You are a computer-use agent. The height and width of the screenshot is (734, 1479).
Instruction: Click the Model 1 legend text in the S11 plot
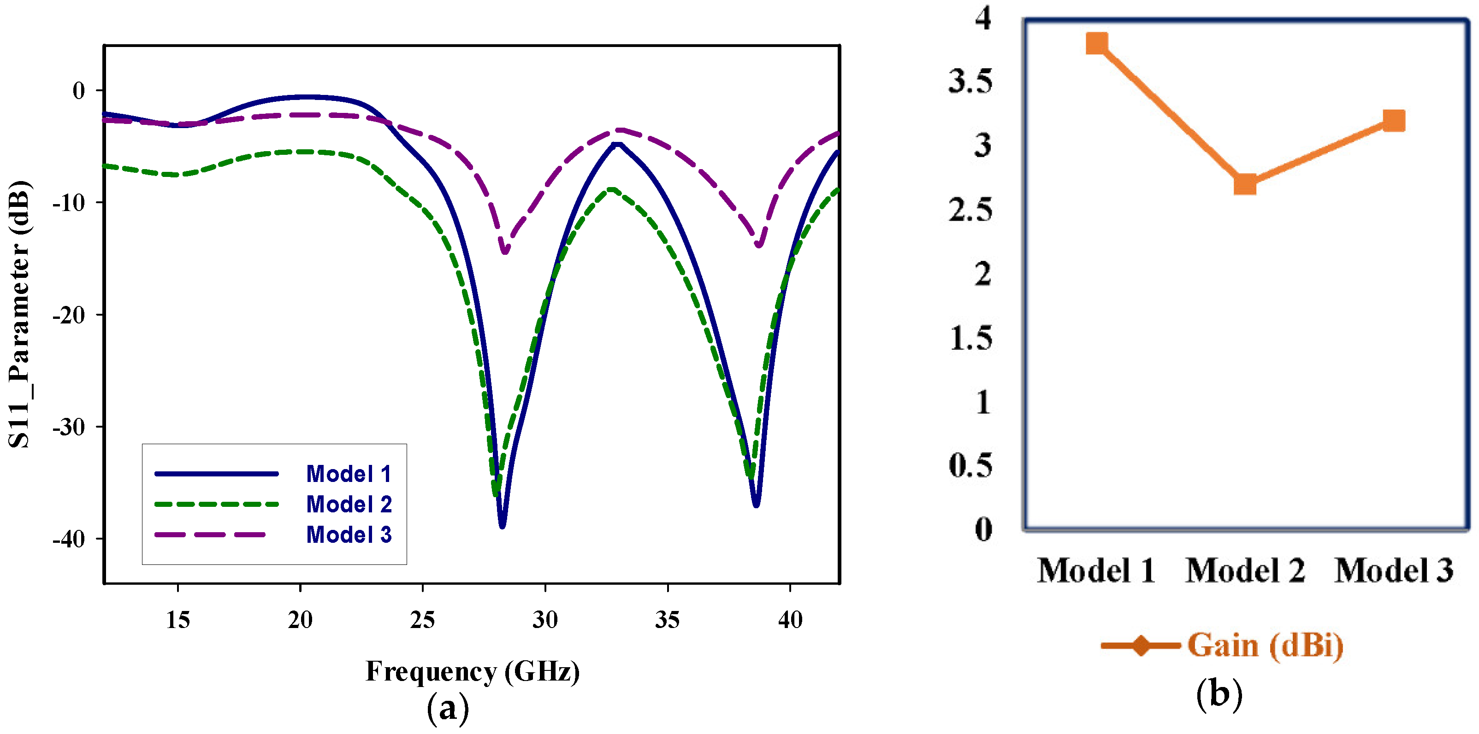click(349, 474)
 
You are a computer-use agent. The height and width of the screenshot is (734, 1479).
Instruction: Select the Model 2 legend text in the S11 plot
click(349, 505)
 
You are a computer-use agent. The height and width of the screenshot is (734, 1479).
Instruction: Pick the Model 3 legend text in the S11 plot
click(349, 535)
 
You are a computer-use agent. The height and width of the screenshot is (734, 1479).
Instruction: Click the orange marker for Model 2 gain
click(1245, 184)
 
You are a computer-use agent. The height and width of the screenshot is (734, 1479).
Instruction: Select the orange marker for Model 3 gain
click(1393, 121)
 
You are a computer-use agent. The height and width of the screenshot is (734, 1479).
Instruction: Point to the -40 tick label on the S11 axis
click(68, 540)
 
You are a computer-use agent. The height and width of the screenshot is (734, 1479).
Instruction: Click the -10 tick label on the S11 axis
click(68, 203)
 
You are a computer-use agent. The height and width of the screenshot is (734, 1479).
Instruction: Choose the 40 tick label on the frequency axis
click(790, 620)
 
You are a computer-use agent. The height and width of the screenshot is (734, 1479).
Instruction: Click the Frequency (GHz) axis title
click(473, 671)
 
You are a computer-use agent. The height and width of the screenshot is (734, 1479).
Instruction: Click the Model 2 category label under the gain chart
click(1245, 570)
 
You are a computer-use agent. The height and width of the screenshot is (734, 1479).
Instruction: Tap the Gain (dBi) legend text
click(1265, 645)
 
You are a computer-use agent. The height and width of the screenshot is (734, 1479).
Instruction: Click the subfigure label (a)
click(447, 708)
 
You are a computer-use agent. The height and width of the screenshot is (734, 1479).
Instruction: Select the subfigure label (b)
click(1219, 694)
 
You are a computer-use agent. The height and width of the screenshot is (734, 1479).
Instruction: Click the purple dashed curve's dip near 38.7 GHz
click(759, 245)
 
